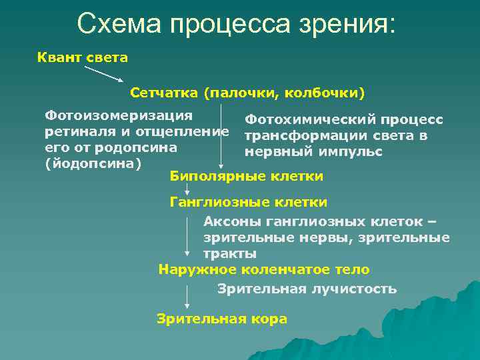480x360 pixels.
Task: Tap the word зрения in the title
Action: point(349,25)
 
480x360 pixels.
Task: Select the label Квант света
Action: point(82,57)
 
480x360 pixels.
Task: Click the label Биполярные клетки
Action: point(246,176)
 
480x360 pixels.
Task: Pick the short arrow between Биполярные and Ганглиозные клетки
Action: point(187,189)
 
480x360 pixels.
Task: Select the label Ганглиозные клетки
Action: point(248,201)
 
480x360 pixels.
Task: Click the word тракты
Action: point(229,254)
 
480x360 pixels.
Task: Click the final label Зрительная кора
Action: point(222,319)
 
